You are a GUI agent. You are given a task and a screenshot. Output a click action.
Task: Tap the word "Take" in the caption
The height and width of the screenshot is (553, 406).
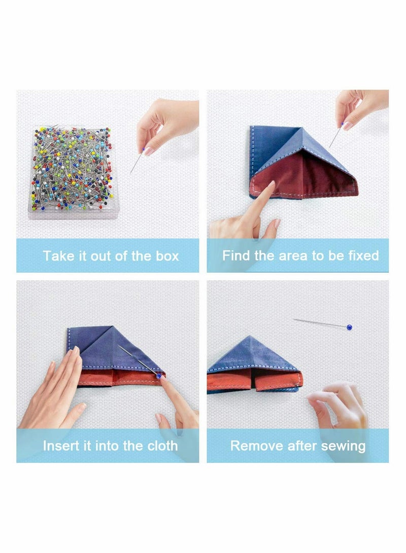coord(57,255)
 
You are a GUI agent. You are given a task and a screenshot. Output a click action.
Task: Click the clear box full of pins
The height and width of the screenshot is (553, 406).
coord(73,172)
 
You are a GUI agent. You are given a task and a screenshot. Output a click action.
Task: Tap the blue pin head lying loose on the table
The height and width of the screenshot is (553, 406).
coord(350,327)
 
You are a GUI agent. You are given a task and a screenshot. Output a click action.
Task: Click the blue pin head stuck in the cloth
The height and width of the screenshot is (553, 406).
coord(159,376)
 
